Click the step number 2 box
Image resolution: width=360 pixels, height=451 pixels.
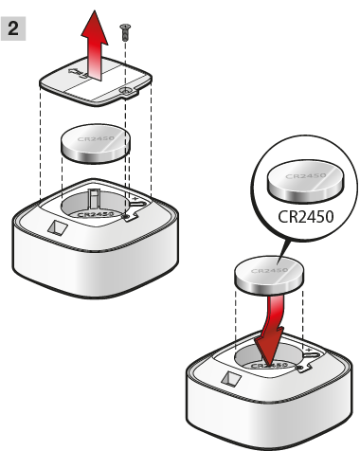click(13, 28)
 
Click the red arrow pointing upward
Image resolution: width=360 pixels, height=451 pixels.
click(95, 45)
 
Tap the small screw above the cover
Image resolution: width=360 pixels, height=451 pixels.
click(125, 32)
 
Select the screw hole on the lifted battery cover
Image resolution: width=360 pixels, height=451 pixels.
click(126, 91)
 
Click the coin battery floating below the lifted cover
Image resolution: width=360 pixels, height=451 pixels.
click(95, 144)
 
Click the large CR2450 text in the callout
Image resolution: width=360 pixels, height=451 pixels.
click(306, 217)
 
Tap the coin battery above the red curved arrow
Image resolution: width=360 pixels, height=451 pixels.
click(269, 275)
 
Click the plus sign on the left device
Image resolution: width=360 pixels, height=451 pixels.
click(135, 198)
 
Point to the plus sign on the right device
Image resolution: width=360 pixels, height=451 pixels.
click(309, 350)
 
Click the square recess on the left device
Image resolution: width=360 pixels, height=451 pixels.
click(58, 227)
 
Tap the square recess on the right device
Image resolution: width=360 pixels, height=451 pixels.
click(231, 379)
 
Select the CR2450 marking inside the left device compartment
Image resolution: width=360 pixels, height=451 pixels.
click(96, 214)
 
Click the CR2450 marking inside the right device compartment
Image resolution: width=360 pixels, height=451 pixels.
click(269, 366)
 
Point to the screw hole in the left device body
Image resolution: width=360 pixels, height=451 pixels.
click(127, 216)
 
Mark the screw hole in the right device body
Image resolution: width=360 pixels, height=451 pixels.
click(300, 368)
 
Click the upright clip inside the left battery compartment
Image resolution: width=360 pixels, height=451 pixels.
click(94, 199)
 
